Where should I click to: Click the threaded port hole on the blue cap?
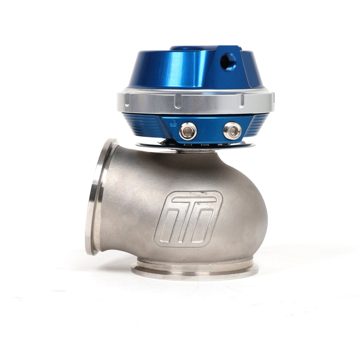(228, 62)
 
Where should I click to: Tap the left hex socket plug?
(188, 131)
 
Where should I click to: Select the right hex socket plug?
(232, 130)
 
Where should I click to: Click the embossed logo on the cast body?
(188, 218)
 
